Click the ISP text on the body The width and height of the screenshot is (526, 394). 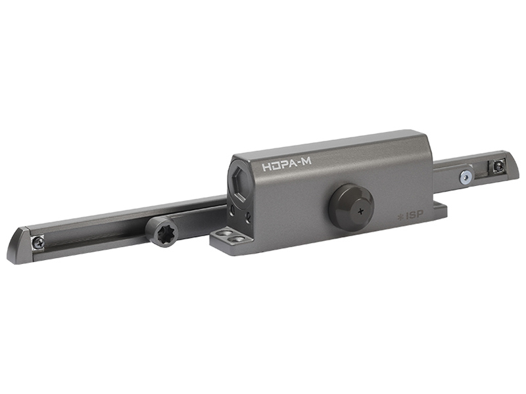pos(414,215)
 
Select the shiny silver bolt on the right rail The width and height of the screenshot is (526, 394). pos(466,176)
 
